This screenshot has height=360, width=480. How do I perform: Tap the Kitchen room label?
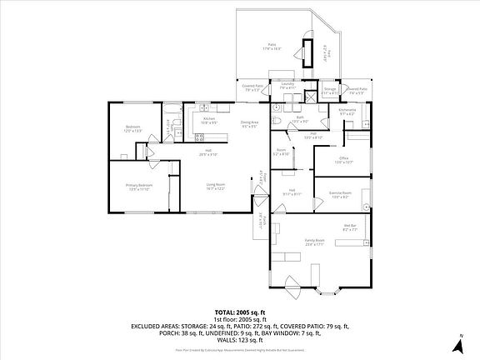click(x=209, y=121)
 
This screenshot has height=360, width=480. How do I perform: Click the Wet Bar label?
click(x=350, y=227)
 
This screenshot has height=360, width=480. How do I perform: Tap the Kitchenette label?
click(x=347, y=112)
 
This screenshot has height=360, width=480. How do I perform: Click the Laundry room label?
click(x=287, y=86)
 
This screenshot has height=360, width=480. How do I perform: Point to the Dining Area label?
click(x=249, y=125)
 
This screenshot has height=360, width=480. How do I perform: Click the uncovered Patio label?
click(x=272, y=47)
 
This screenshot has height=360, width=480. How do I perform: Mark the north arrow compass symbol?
click(x=457, y=342)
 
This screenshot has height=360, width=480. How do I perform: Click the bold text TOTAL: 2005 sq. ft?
click(x=239, y=312)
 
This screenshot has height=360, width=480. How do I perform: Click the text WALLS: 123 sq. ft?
click(x=239, y=340)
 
